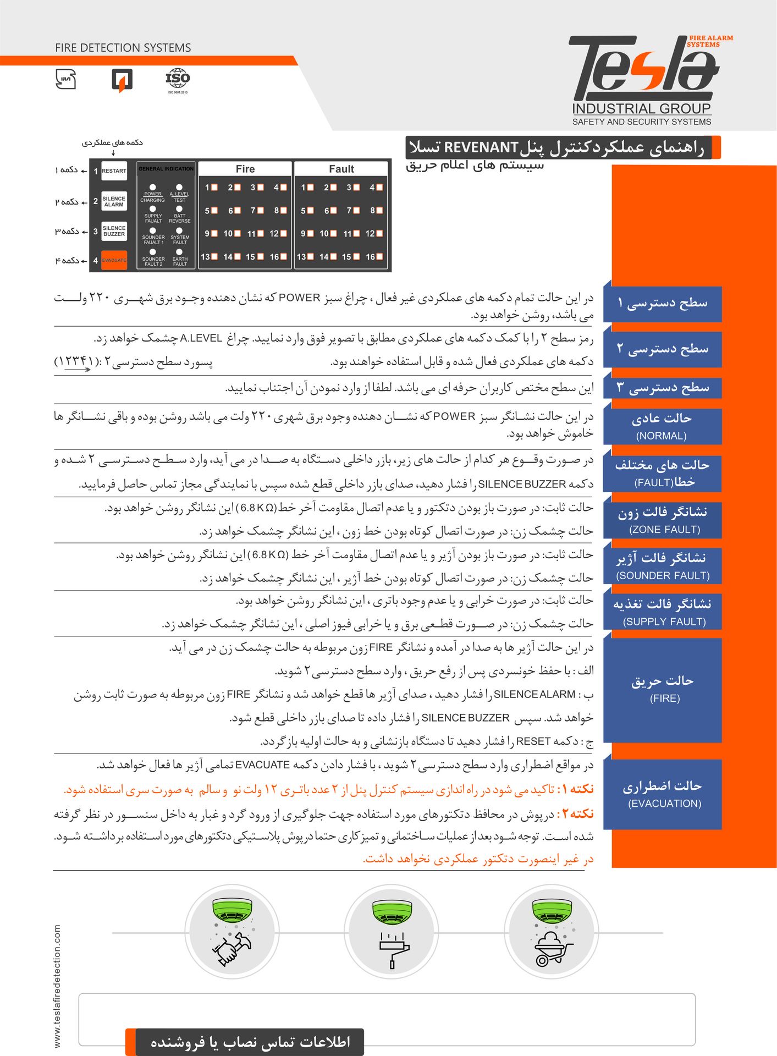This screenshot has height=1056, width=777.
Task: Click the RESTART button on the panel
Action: point(114,171)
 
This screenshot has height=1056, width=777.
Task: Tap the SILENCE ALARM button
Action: point(114,201)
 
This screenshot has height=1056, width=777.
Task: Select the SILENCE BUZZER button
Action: point(114,231)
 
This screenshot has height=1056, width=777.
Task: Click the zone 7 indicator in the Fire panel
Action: point(261,210)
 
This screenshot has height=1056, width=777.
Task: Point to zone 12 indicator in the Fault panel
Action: point(379,233)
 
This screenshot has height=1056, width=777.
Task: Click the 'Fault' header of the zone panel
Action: point(341,169)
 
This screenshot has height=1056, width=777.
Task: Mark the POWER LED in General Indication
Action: point(153,188)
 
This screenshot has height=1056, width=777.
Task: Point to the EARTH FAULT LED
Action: point(179,252)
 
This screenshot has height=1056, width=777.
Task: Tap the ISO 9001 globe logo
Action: point(178,79)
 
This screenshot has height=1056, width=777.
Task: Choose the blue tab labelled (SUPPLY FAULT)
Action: point(664,612)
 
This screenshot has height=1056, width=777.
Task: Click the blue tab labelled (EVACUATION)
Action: point(664,794)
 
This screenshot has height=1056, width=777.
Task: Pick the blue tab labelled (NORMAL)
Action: point(663,426)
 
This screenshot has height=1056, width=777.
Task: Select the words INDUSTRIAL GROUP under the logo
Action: point(641,108)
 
